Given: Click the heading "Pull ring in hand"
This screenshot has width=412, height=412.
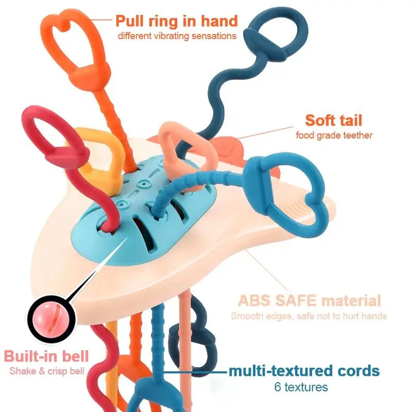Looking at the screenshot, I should [176, 21].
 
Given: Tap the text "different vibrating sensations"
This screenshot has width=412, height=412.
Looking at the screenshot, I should [177, 36].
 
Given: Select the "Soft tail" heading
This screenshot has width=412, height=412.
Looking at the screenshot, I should [333, 121].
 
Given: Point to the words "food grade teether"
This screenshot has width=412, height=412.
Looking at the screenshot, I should [334, 135].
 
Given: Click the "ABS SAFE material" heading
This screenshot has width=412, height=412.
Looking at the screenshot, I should [309, 301].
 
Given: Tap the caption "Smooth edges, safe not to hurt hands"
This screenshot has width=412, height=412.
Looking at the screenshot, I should [308, 316].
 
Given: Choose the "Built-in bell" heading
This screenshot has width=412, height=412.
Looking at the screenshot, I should [46, 356].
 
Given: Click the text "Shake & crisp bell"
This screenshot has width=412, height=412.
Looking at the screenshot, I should [46, 371].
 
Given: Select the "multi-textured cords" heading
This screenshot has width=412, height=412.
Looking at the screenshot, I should [304, 371].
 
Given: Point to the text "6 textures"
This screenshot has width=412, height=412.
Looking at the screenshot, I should [304, 386].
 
